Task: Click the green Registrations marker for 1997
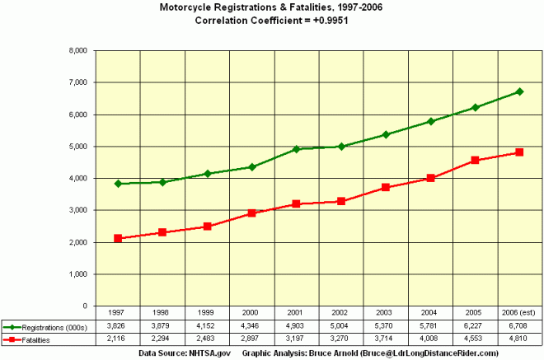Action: pos(119,184)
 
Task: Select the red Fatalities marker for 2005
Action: pos(474,160)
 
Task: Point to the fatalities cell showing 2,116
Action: pos(119,338)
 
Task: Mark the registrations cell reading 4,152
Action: pos(208,326)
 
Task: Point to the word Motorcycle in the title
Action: pos(195,7)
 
